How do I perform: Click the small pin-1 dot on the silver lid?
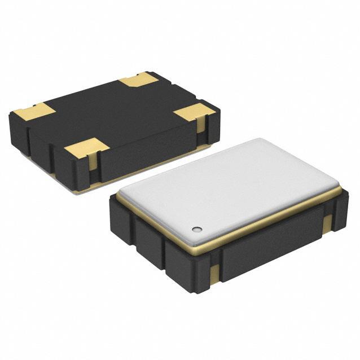point(196,229)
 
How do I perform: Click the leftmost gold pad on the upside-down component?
point(35,111)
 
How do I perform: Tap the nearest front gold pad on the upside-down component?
point(86,149)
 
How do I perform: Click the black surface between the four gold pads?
point(113,113)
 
